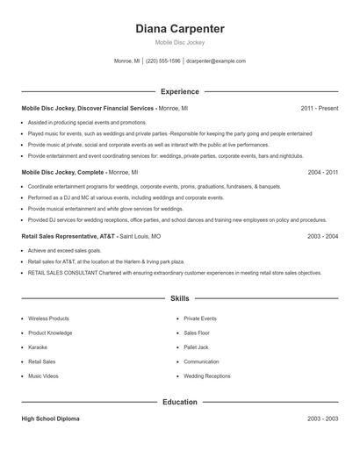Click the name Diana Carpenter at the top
(180, 29)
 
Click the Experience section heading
(180, 91)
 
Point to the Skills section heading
(180, 299)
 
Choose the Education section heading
(180, 403)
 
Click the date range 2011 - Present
(319, 108)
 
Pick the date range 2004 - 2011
(322, 173)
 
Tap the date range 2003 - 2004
(322, 237)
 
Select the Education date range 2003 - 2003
(322, 419)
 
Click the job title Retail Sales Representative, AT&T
(68, 237)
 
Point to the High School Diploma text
(50, 419)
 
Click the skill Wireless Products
(48, 318)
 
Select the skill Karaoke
(39, 347)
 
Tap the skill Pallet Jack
(197, 347)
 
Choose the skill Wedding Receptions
(207, 376)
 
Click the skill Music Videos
(43, 376)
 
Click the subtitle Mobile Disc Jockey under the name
(179, 42)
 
